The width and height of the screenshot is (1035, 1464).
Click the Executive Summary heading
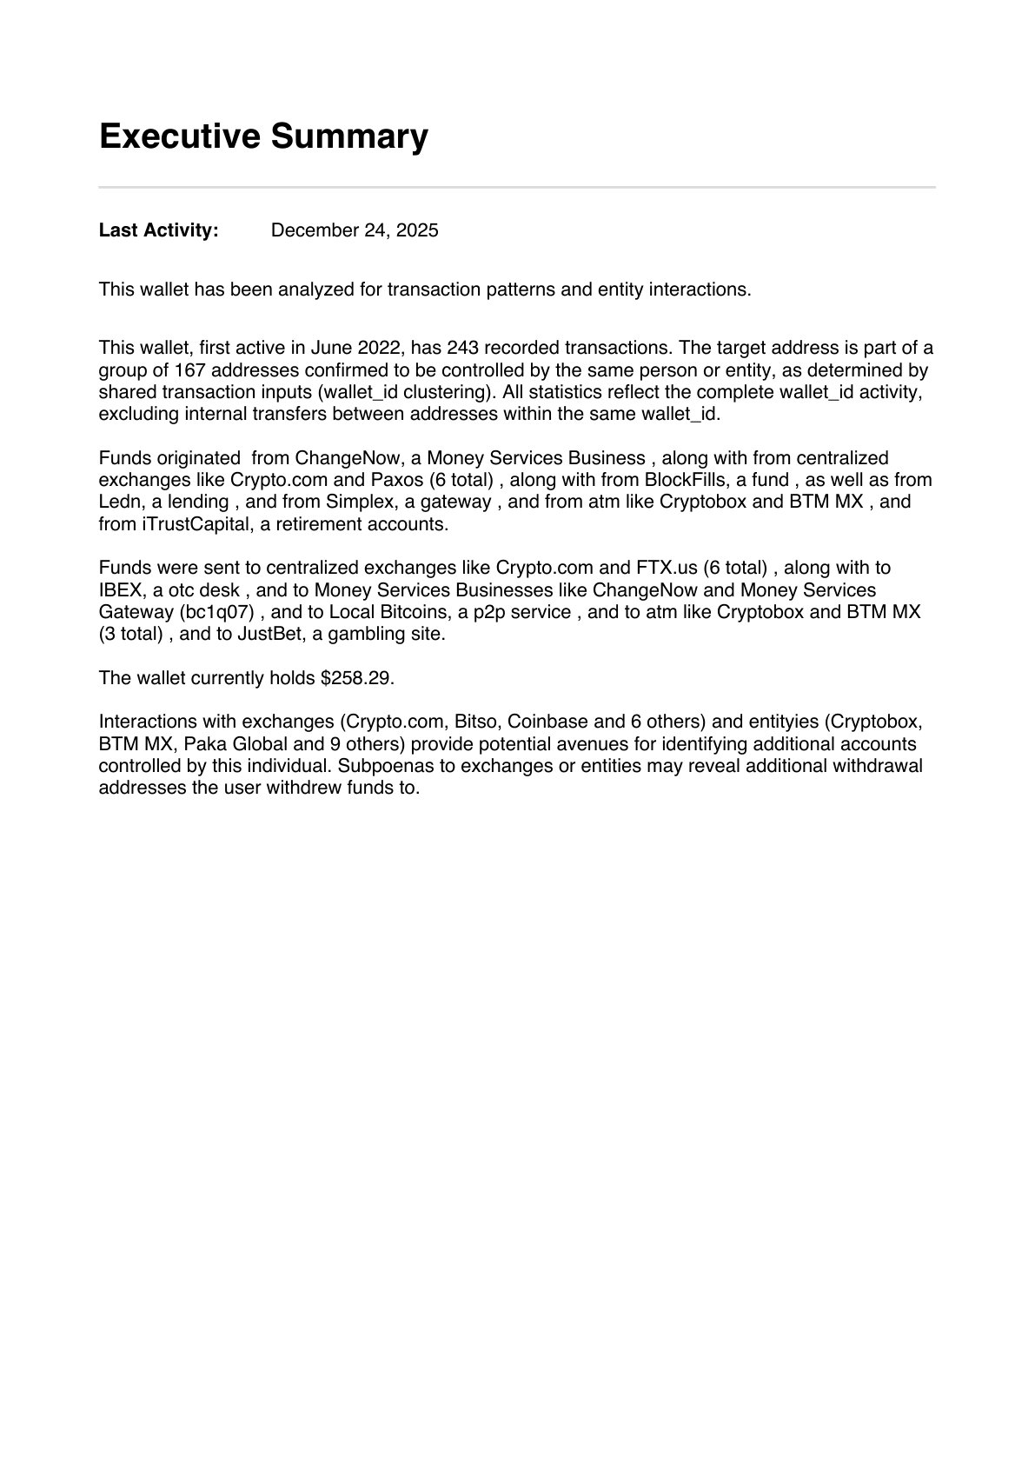pyautogui.click(x=263, y=136)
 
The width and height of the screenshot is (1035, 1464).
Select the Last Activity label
pyautogui.click(x=158, y=230)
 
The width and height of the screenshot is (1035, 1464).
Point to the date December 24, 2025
pyautogui.click(x=355, y=230)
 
